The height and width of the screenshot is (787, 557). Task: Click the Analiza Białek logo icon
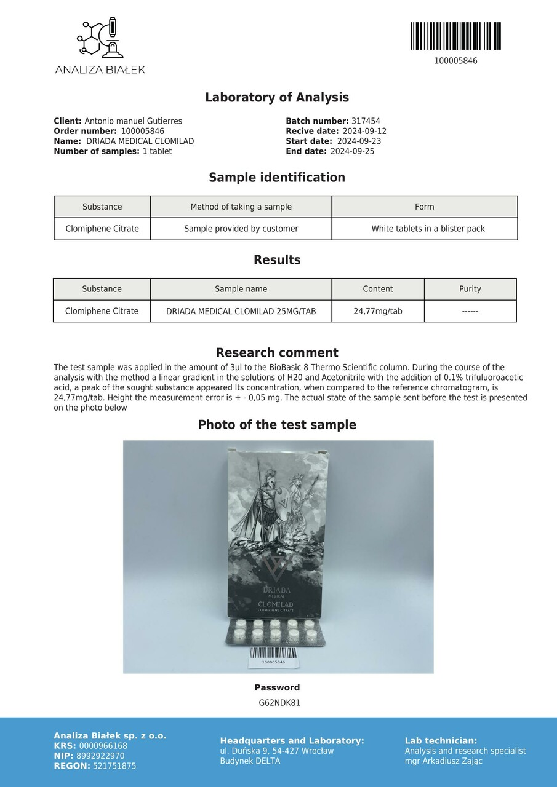(100, 38)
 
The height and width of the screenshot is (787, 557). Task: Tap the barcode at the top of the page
(455, 36)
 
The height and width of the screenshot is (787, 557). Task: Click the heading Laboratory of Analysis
(277, 97)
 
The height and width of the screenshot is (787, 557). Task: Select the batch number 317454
(366, 122)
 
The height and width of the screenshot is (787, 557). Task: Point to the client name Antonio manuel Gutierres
(133, 122)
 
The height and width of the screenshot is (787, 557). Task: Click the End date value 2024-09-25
(352, 151)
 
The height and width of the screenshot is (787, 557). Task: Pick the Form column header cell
(424, 207)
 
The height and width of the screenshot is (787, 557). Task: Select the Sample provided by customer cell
(241, 229)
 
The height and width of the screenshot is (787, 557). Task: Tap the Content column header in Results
(377, 289)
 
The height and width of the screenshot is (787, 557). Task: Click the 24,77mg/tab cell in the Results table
(377, 311)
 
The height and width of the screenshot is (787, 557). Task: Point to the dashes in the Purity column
(470, 312)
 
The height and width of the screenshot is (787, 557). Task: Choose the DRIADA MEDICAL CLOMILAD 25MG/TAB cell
(241, 312)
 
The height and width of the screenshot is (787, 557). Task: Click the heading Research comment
(277, 353)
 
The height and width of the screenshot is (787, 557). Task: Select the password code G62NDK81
(279, 703)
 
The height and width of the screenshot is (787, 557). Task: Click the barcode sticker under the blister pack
(273, 656)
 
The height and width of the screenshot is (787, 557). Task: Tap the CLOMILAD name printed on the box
(275, 604)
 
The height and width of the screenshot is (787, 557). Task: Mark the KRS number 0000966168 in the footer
(103, 746)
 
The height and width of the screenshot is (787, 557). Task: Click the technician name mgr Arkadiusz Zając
(443, 761)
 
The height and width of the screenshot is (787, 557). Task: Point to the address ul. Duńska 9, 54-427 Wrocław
(276, 751)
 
